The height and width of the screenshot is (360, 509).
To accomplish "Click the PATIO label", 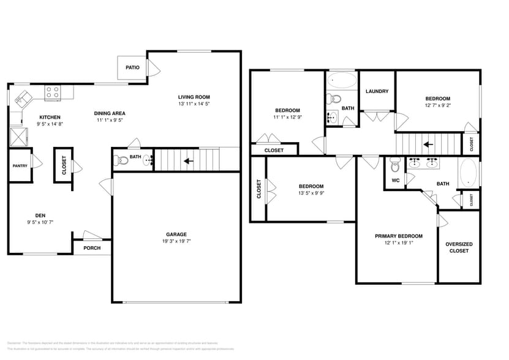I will (132, 67).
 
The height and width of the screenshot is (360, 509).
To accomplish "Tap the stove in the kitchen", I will (53, 93).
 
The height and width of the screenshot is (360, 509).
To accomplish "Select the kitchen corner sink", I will (24, 97).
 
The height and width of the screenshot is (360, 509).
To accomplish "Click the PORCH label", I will (92, 248).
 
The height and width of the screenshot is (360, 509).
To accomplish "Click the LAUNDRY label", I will (377, 91).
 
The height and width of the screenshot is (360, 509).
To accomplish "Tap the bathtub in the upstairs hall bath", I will (341, 80).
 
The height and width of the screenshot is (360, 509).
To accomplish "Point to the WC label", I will (395, 180).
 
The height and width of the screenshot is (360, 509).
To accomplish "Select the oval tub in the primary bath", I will (468, 173).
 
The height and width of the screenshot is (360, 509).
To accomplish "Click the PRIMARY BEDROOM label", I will (398, 236).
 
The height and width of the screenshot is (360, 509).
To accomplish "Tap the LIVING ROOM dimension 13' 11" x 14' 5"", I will (194, 104).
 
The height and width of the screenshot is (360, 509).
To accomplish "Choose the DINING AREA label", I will (110, 113).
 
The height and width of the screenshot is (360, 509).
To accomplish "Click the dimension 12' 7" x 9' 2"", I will (438, 106).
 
